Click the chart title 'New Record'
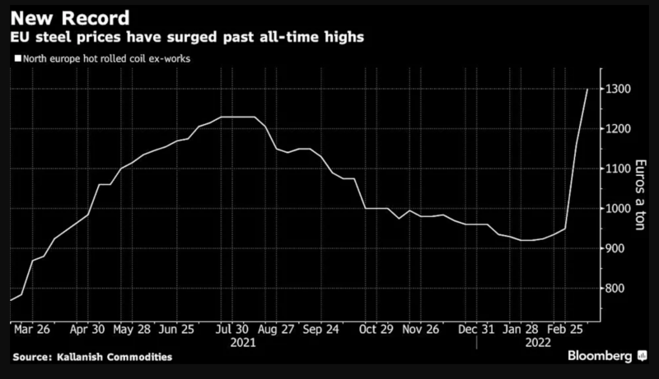coord(68,16)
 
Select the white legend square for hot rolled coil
coord(18,59)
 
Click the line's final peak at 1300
coord(587,89)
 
